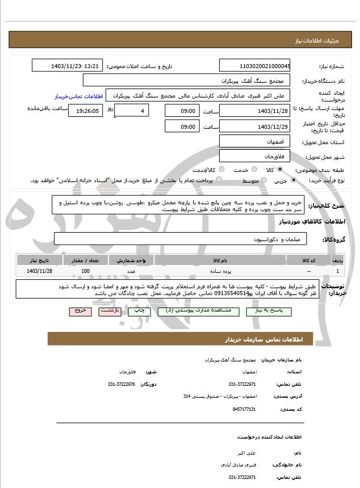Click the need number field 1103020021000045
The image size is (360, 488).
point(255,66)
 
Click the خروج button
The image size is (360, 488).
point(78,312)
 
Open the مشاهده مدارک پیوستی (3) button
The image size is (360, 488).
point(193,312)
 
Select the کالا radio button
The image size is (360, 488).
point(279,170)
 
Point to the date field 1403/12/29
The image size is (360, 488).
point(255,127)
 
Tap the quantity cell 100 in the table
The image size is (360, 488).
point(85,271)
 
